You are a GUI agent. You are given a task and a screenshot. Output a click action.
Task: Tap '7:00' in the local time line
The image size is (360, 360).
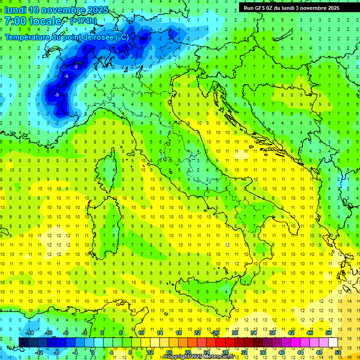[15, 21]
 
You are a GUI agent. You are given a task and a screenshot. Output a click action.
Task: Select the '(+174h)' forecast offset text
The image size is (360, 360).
[83, 21]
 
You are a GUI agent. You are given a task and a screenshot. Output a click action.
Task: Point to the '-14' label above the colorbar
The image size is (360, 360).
[29, 333]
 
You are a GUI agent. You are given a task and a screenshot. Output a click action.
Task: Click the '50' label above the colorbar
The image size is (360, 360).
[328, 333]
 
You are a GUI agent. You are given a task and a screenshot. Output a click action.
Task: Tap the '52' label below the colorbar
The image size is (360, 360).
[337, 352]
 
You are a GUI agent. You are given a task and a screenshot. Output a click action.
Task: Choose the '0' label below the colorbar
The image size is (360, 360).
[93, 352]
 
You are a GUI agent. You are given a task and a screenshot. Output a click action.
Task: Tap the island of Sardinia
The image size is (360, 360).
[109, 220]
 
